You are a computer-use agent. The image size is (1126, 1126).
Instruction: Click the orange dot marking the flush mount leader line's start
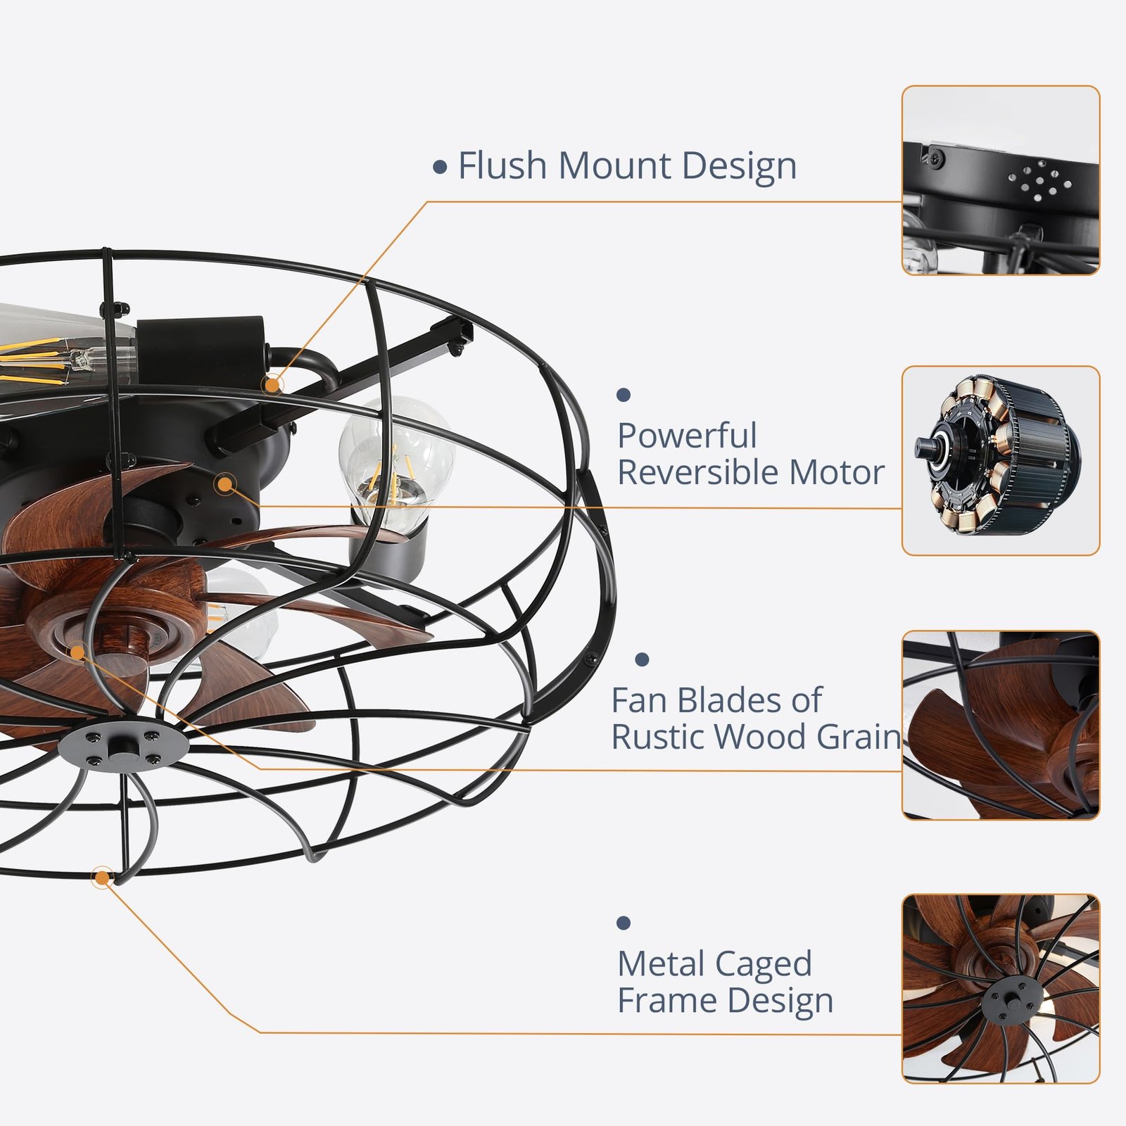[272, 384]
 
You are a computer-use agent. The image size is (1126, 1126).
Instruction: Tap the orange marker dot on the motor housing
[225, 484]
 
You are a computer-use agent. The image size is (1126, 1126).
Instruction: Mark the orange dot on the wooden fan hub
[77, 652]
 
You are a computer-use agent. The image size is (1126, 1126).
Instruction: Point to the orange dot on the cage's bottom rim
[103, 878]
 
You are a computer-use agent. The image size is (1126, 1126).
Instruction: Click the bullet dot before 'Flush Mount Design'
[441, 167]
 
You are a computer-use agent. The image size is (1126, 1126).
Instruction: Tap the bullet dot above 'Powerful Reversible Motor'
[623, 395]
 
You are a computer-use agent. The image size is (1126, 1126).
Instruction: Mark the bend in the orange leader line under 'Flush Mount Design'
[426, 202]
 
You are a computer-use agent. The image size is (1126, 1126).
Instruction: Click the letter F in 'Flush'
[467, 166]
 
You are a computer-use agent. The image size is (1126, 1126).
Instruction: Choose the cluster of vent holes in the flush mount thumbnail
[1038, 181]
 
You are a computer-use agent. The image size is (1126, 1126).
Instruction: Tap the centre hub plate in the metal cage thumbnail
[1013, 999]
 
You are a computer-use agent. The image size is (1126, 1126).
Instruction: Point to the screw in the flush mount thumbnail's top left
[935, 158]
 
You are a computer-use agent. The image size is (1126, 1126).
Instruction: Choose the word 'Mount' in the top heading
[614, 166]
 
